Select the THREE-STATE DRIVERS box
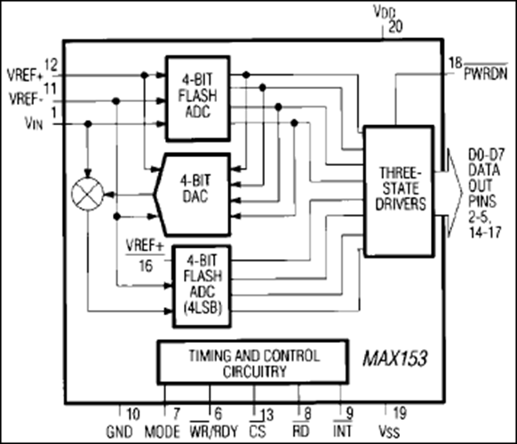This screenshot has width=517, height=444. coord(399,191)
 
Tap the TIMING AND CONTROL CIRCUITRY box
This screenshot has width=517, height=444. coord(253,362)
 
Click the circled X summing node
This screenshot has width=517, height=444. coord(87,194)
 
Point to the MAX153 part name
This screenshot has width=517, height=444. coord(395,358)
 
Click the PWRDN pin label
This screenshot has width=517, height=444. coord(486,74)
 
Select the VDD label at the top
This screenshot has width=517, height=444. coord(385,12)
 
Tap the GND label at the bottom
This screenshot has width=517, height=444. coord(119,432)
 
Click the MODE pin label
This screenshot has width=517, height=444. coord(163,432)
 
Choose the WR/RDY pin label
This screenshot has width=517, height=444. coord(214,432)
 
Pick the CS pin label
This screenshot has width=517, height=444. coord(258,432)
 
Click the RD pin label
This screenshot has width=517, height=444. coord(301,432)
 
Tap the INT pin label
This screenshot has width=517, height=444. coord(343,432)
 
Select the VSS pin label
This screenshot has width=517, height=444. coord(389,432)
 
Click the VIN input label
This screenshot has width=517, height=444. coord(34,124)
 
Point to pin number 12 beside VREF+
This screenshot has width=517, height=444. coord(51,65)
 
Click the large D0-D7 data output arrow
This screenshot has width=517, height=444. coord(452,193)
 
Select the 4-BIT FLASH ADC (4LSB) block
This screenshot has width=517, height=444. coord(202,286)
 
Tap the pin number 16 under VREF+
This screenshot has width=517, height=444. coord(146,266)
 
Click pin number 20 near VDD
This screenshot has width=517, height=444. coord(395,27)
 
